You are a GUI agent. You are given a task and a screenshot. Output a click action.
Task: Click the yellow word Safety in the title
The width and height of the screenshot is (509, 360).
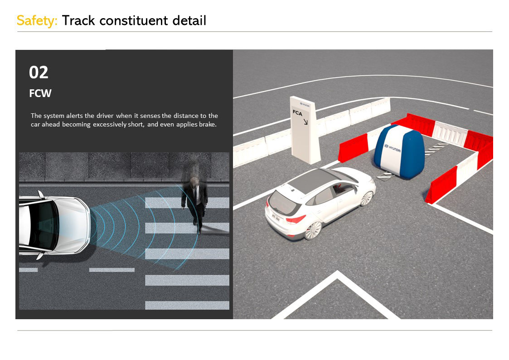[37, 21]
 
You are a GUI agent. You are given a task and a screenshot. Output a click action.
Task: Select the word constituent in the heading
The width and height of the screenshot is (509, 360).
[134, 20]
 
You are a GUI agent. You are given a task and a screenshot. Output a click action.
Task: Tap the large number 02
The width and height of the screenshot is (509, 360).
[39, 73]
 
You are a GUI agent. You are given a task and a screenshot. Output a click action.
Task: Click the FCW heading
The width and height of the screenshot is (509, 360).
[40, 93]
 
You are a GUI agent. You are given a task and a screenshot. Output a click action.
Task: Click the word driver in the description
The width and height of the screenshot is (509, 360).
[105, 116]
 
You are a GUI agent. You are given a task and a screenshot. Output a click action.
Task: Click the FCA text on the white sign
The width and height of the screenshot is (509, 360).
[297, 113]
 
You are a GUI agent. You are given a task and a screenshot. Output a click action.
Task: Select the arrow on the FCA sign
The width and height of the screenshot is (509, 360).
[305, 122]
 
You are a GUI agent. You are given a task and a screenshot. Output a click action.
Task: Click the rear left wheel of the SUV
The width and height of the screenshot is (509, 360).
[313, 230]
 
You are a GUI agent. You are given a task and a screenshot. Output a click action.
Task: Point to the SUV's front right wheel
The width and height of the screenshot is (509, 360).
[367, 198]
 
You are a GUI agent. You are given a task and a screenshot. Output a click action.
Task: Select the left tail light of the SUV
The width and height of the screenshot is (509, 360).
[296, 219]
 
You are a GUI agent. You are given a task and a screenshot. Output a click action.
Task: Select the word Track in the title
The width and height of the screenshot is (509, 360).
[78, 20]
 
